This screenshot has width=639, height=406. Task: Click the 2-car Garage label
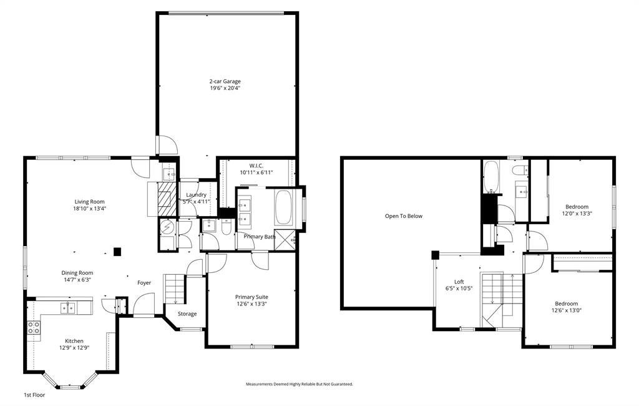[x=225, y=81]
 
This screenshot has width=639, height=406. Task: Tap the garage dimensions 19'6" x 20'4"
[x=225, y=89]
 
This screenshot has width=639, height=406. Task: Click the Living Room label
[x=89, y=201]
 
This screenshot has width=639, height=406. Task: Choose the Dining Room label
[x=77, y=272]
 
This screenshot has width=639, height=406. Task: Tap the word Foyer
[x=144, y=283]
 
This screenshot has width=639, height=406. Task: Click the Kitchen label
[x=74, y=341]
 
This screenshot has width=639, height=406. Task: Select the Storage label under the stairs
[x=187, y=314]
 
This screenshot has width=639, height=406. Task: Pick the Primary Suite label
[x=251, y=297]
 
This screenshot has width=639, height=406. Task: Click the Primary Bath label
[x=260, y=237]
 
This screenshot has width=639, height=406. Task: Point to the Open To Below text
[x=403, y=216]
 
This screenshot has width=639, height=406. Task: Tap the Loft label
[x=459, y=281]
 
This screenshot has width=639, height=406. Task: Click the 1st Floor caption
[x=34, y=395]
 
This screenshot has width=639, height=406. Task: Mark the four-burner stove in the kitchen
[x=33, y=328]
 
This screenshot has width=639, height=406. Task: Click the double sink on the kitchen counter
[x=68, y=307]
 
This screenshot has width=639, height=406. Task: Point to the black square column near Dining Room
[x=117, y=252]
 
